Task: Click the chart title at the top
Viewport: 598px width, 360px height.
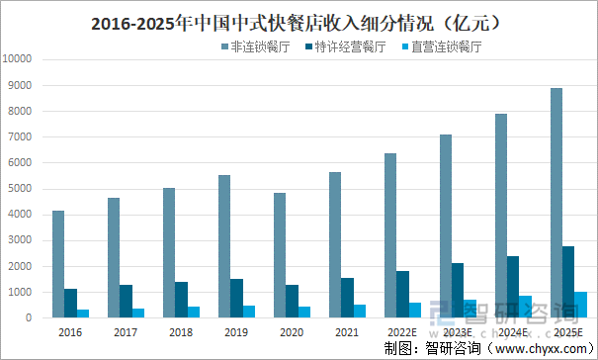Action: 299,21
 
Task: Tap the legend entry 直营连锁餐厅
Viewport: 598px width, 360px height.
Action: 442,45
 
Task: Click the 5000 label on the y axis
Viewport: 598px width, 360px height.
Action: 21,189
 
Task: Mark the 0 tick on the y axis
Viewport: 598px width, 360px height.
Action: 31,318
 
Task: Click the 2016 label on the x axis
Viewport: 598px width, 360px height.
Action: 70,333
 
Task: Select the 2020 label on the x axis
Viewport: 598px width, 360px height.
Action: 292,333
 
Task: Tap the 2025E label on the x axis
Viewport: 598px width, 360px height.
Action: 568,333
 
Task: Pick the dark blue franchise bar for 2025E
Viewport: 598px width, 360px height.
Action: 568,282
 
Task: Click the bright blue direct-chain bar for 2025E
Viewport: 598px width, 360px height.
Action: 580,305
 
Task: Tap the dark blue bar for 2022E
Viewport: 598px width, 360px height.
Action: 402,294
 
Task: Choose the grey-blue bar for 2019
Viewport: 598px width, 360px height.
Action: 224,246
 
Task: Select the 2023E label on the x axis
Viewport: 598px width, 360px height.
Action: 458,333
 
